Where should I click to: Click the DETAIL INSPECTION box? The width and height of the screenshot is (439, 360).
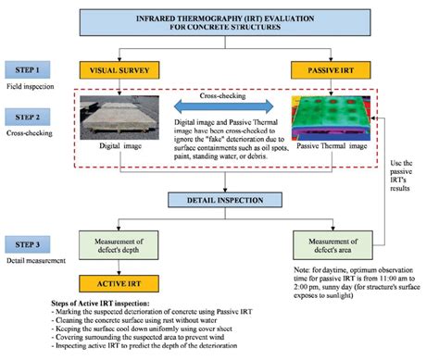pyautogui.click(x=219, y=198)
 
